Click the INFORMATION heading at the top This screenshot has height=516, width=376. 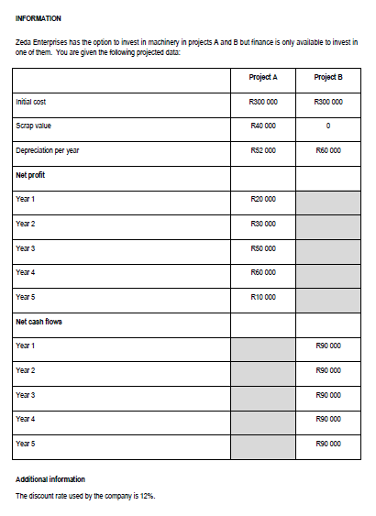pos(39,18)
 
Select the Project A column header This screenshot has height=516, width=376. pos(262,77)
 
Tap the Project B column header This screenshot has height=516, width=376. pos(327,77)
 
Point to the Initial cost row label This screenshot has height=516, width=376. pos(31,102)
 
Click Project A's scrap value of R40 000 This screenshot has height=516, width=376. pos(262,126)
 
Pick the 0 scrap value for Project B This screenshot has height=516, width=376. pos(327,126)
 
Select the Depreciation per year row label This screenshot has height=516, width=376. pos(47,150)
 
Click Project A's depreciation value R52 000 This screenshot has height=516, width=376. pos(262,150)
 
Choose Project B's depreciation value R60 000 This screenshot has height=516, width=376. pos(327,150)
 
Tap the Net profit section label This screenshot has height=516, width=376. pos(32,174)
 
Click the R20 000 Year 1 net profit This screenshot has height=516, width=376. pos(262,199)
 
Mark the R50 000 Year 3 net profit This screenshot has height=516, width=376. pos(262,248)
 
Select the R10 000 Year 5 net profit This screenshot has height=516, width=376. pos(262,297)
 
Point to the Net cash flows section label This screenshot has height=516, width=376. pos(39,322)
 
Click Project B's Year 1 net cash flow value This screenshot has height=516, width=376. pos(327,346)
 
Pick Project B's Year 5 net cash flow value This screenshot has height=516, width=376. pos(327,445)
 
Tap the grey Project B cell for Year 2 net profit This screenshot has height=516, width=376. pos(327,224)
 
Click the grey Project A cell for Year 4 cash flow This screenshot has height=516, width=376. pos(262,420)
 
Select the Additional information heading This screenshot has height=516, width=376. pos(50,479)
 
